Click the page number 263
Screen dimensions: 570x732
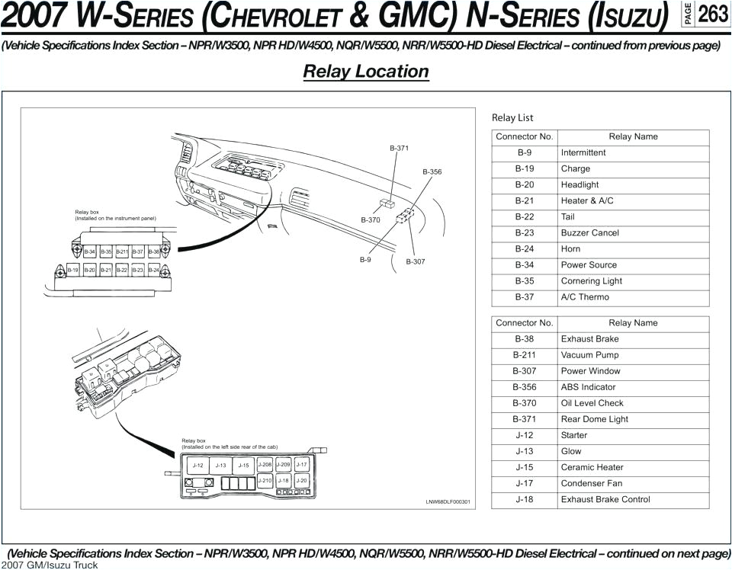pos(713,14)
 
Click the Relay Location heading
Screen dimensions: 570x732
pos(366,72)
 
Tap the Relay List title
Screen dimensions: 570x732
pos(512,117)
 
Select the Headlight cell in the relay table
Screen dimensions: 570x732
pos(579,184)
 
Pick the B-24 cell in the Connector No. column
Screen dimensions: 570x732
pos(524,248)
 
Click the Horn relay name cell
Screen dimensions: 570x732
pos(570,248)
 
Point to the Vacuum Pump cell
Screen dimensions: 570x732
pos(589,355)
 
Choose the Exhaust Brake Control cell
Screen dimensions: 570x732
pos(605,499)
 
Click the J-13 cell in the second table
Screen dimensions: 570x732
pos(524,451)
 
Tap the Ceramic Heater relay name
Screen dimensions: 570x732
pos(592,467)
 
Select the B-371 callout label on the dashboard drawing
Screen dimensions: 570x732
pos(400,148)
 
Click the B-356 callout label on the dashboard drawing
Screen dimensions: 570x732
pos(432,172)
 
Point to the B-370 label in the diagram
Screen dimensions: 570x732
pos(371,220)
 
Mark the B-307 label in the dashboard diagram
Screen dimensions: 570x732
pos(416,261)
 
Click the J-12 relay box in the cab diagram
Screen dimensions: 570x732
pos(198,466)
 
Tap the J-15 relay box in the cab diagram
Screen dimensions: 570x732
pos(243,466)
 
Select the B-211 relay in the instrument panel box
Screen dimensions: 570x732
pos(122,251)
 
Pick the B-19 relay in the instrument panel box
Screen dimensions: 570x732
pos(73,270)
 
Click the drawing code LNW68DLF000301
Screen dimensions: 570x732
pos(448,502)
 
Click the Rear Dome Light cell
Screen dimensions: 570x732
pos(595,419)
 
